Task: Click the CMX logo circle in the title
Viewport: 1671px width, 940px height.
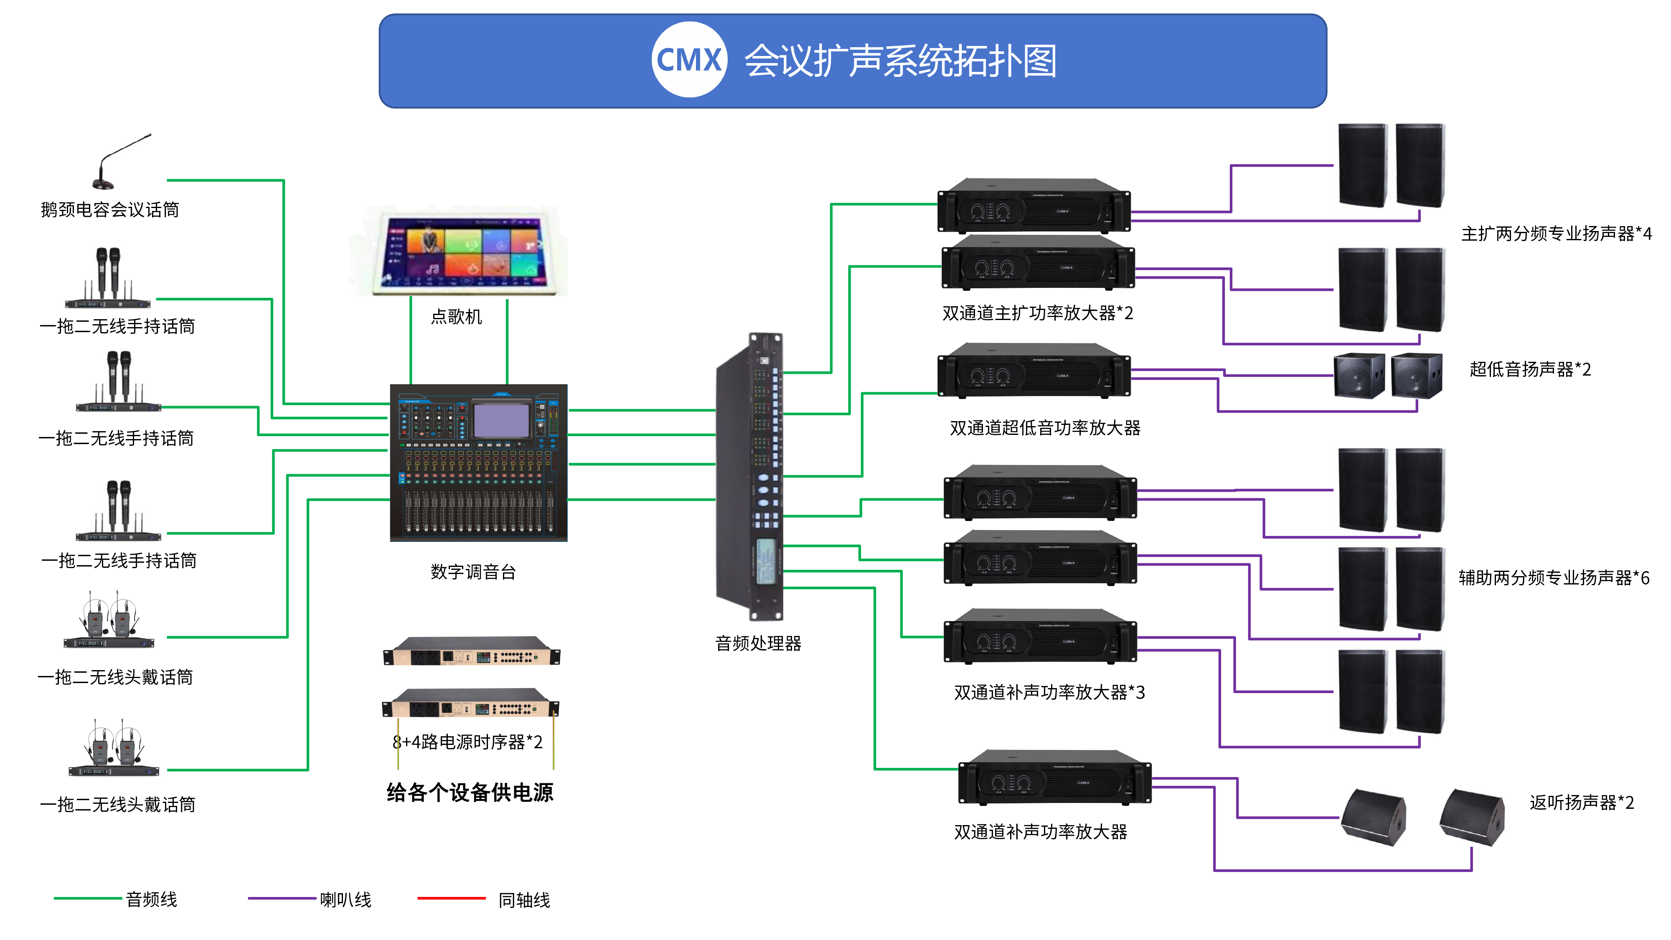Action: [689, 60]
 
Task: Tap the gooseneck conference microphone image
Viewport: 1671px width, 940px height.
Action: [120, 162]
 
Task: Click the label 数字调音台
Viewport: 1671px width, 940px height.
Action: [473, 572]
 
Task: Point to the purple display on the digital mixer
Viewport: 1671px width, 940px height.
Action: [501, 420]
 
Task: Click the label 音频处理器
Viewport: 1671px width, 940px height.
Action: [758, 643]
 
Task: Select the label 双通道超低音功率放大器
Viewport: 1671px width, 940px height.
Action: [1044, 428]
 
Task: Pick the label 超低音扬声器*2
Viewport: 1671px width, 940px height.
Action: [1529, 370]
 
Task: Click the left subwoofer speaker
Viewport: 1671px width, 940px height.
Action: [1359, 376]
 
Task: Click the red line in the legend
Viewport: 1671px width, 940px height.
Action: [452, 899]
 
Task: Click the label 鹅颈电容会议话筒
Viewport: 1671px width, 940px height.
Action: [109, 210]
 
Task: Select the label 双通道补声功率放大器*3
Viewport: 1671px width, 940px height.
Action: [1049, 693]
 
